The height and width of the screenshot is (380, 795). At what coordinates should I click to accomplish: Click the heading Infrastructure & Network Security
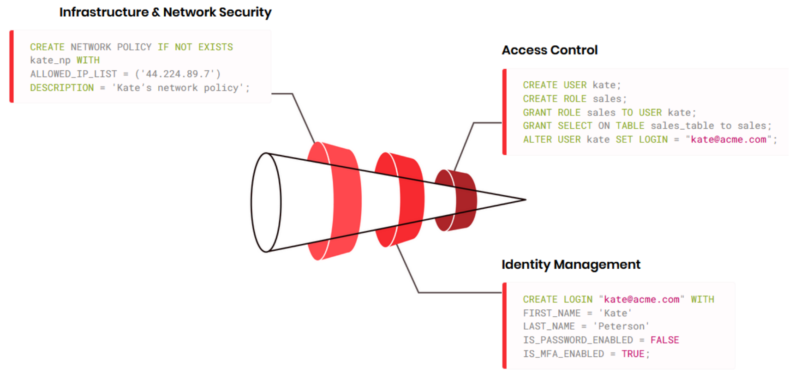click(x=165, y=12)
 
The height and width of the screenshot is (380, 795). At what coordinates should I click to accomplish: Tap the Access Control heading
click(x=550, y=50)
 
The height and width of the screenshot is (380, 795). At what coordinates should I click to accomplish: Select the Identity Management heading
click(x=571, y=265)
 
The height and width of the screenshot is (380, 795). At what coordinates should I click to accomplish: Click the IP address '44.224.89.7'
click(x=178, y=74)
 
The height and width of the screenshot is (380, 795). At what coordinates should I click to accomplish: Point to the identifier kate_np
click(x=50, y=60)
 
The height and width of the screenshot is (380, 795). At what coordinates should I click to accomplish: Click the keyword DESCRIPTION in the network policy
click(x=62, y=88)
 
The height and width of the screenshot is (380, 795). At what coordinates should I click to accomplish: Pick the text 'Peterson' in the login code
click(x=621, y=326)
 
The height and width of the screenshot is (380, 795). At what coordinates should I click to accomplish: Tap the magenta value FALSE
click(x=664, y=340)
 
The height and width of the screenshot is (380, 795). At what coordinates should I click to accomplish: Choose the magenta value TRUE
click(x=633, y=354)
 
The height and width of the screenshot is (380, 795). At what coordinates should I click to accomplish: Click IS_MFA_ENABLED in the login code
click(x=563, y=354)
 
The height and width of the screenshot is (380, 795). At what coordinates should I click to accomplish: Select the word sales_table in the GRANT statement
click(x=682, y=126)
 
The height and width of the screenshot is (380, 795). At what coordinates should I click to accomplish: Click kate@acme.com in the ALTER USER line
click(x=728, y=139)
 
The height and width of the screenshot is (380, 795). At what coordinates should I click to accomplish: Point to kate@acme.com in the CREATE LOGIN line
click(x=641, y=299)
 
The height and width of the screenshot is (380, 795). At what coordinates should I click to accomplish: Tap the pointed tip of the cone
click(x=525, y=199)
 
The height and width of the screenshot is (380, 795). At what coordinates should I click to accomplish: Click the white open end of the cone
click(x=266, y=202)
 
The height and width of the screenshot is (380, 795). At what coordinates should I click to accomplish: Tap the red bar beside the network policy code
click(x=12, y=66)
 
